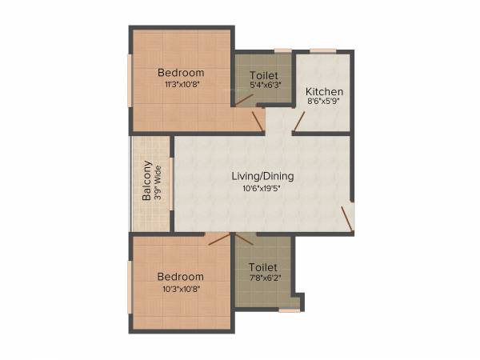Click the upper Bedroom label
[x=181, y=72]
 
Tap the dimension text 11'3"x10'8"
[x=181, y=84]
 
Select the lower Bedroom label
[x=181, y=276]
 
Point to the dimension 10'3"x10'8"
[x=181, y=288]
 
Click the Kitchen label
[x=325, y=92]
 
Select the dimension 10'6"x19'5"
[x=262, y=189]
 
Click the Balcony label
[x=147, y=182]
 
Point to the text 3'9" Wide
[x=158, y=182]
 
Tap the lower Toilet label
[x=262, y=266]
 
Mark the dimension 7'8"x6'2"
[x=262, y=278]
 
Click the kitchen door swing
[x=298, y=122]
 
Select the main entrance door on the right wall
[x=347, y=218]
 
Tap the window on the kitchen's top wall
[x=323, y=51]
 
